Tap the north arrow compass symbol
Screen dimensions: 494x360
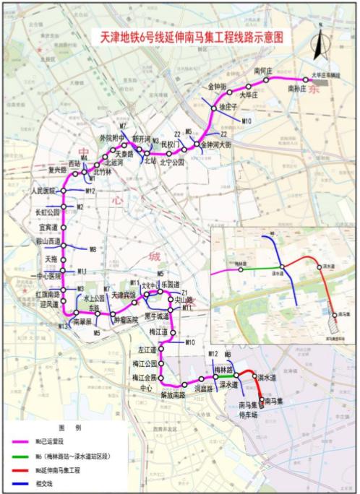[x=317, y=47]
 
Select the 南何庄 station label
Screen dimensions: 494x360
[x=263, y=70]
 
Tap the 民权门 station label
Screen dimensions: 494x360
[x=171, y=144]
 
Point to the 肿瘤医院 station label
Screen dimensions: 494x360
[x=125, y=318]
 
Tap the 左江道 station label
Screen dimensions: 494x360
[x=147, y=350]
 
